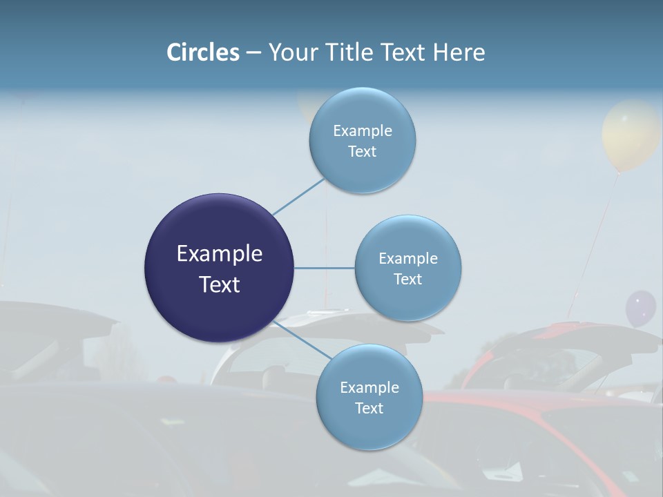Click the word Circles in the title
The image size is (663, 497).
click(x=203, y=52)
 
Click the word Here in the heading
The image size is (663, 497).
click(x=459, y=52)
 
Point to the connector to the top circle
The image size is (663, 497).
click(x=298, y=197)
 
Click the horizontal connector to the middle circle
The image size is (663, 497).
click(x=324, y=268)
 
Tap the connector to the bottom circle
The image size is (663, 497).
click(x=302, y=339)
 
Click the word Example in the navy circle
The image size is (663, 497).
click(x=220, y=254)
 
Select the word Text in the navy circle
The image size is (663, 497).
click(x=220, y=284)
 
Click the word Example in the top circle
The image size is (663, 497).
click(x=363, y=131)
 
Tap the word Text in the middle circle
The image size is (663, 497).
click(x=407, y=279)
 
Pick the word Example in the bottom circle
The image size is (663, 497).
click(x=369, y=388)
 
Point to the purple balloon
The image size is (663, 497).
click(x=640, y=309)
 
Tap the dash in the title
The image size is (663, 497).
click(x=253, y=53)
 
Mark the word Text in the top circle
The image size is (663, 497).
click(x=363, y=152)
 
